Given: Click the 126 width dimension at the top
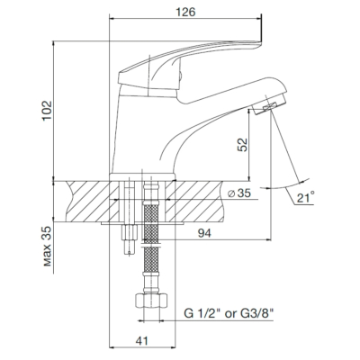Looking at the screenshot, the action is click(185, 13).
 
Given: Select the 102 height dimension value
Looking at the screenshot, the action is click(47, 111).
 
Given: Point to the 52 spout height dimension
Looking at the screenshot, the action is click(242, 145).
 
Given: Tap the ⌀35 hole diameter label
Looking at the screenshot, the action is click(238, 193).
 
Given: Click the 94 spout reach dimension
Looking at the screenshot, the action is click(204, 233).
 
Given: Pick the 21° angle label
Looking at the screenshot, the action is click(306, 197).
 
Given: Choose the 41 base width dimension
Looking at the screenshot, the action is click(142, 341).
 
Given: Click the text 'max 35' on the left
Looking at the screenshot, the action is click(47, 247).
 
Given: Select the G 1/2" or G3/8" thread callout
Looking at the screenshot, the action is click(229, 314).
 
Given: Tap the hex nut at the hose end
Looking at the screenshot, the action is click(151, 300).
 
